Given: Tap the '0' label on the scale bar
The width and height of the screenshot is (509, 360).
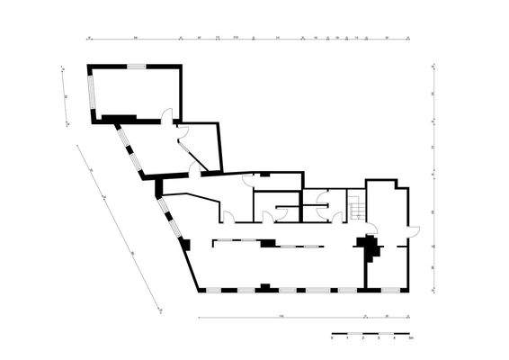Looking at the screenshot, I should click(332, 340).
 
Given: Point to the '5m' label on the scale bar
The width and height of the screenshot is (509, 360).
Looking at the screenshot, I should click(410, 340).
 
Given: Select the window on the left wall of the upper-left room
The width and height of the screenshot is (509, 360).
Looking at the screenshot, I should click(91, 93).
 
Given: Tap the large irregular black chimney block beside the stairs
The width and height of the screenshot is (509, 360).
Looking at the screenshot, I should click(367, 245).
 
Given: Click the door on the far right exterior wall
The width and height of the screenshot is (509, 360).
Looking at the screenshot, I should click(412, 230).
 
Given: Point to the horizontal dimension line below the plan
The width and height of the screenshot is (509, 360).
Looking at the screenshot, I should click(297, 319).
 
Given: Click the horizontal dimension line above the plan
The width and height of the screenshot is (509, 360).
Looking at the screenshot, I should click(243, 40).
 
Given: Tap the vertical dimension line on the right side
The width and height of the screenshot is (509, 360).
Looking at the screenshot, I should click(433, 171).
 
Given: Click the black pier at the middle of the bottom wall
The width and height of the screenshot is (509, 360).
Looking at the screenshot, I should click(263, 287).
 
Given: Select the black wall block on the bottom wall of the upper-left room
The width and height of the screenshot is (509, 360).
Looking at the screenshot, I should click(117, 118).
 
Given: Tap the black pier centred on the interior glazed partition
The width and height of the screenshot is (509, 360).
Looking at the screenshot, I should click(267, 242).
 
